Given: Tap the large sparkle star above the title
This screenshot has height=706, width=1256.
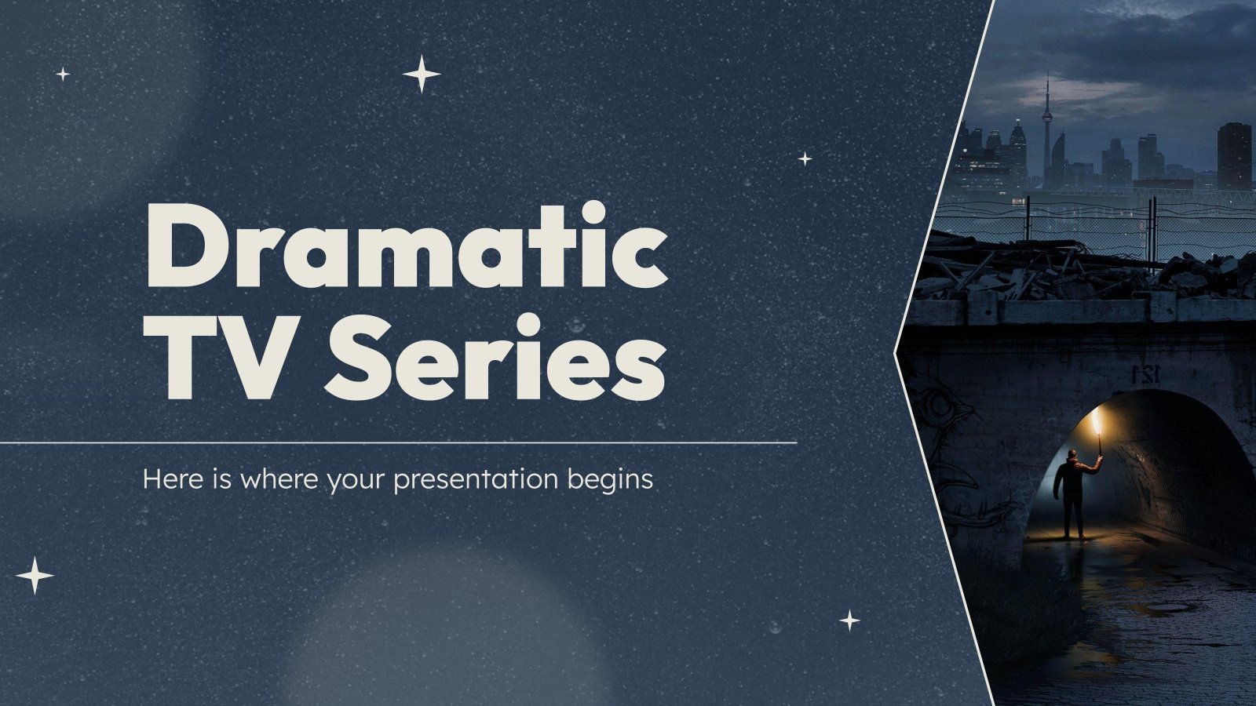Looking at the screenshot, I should (x=422, y=75).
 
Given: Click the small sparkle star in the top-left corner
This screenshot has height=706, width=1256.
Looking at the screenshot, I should (x=63, y=75).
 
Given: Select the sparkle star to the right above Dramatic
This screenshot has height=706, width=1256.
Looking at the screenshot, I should (x=805, y=158).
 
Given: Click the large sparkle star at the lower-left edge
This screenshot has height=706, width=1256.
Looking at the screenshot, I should (x=35, y=576).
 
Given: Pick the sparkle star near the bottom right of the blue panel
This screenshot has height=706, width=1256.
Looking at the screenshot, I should (x=849, y=620).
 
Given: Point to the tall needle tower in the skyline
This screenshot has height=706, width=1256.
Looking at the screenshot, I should (x=1047, y=126).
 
